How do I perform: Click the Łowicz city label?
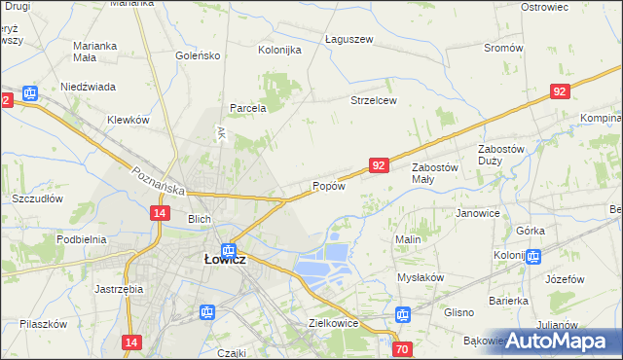pyautogui.click(x=224, y=260)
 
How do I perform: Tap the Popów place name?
pyautogui.click(x=329, y=186)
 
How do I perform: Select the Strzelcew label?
pyautogui.click(x=374, y=100)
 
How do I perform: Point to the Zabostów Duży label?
pyautogui.click(x=501, y=155)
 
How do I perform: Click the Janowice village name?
pyautogui.click(x=477, y=213)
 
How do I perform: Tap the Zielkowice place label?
pyautogui.click(x=334, y=323)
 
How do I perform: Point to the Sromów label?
pyautogui.click(x=503, y=48)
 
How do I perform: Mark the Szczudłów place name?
pyautogui.click(x=37, y=198)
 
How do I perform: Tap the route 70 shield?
pyautogui.click(x=402, y=348)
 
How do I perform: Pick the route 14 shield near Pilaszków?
pyautogui.click(x=132, y=342)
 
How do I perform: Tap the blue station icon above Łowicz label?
pyautogui.click(x=228, y=250)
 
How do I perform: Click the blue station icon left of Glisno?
pyautogui.click(x=403, y=314)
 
